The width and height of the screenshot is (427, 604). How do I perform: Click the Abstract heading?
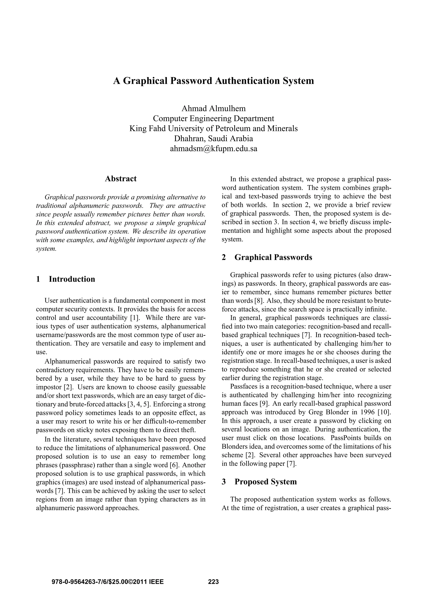pos(121,179)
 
